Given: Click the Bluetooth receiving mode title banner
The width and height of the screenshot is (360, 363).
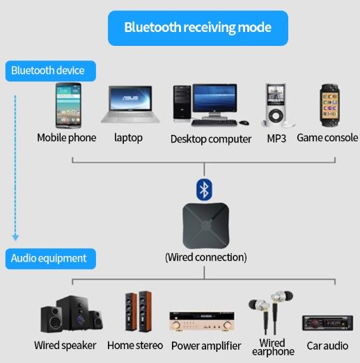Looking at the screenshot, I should (x=197, y=28).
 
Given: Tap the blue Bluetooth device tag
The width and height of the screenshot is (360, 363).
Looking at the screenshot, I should (x=48, y=71).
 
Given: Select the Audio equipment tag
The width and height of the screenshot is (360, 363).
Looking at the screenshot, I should (x=49, y=259).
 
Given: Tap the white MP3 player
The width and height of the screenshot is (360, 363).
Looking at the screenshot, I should (x=275, y=104).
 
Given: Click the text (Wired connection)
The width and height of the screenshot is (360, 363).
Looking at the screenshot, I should (x=205, y=257).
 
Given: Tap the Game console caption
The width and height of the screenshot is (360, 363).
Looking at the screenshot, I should (x=327, y=138).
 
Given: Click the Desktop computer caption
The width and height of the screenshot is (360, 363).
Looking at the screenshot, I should (x=211, y=139).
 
